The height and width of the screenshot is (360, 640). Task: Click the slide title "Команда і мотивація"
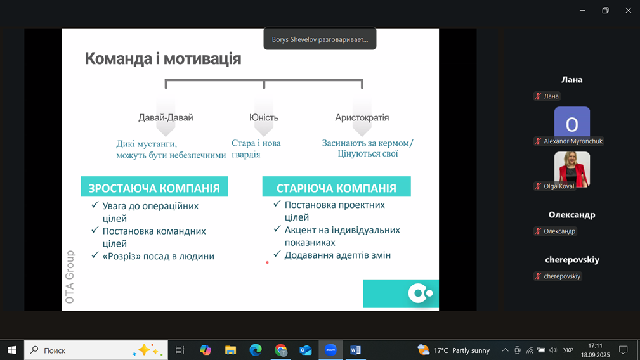(163, 59)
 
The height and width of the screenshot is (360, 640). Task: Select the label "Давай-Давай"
(166, 117)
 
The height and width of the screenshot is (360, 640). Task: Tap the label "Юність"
(264, 117)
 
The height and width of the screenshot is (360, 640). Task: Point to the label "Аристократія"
(362, 117)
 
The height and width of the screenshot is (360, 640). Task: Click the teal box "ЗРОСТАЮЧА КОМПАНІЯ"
(154, 187)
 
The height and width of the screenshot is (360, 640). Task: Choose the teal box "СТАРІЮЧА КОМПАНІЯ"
(336, 187)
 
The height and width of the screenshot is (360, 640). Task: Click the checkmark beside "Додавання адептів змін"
(277, 254)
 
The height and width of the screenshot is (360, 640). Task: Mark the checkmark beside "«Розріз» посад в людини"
(95, 255)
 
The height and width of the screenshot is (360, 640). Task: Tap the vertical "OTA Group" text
(70, 277)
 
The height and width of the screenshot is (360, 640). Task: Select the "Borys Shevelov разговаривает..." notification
(320, 39)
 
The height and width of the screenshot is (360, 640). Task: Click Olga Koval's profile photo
(572, 169)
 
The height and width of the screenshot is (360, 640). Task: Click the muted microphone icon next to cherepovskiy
(538, 276)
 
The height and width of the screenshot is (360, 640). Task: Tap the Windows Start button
(12, 350)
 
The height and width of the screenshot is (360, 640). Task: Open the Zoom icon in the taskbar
(330, 350)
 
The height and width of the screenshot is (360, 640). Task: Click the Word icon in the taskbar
(355, 350)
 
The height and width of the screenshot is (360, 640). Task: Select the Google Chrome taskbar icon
(281, 350)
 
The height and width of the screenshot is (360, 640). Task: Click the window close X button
(628, 11)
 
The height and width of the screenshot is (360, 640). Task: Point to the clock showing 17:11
(595, 345)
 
